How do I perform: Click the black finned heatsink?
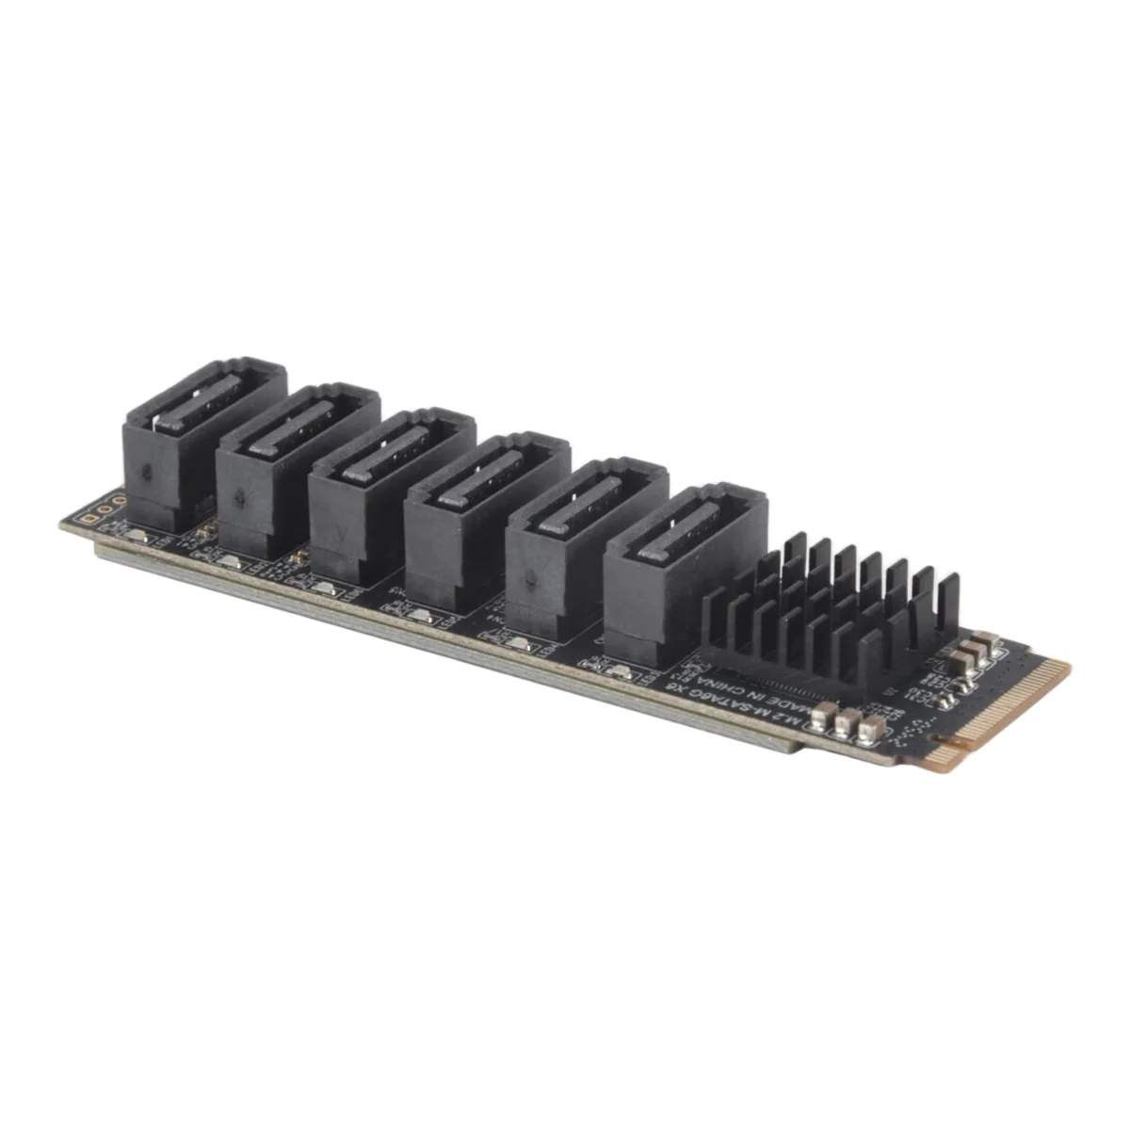829,603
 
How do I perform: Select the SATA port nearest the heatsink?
683,574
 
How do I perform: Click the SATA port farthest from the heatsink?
202,443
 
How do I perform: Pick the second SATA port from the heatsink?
584,546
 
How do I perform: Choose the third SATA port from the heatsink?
485,518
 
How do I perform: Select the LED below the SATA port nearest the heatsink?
619,671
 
